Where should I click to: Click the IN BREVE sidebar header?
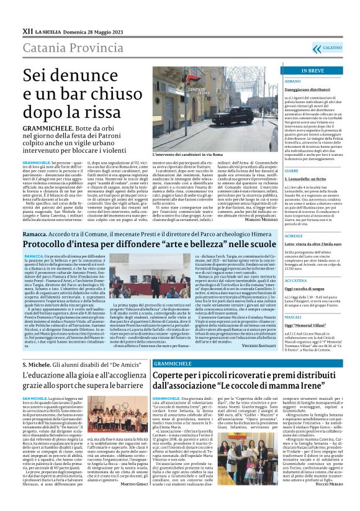tap(312, 71)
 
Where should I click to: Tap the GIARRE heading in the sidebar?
tap(291, 171)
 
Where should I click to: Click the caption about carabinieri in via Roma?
tap(204, 153)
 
